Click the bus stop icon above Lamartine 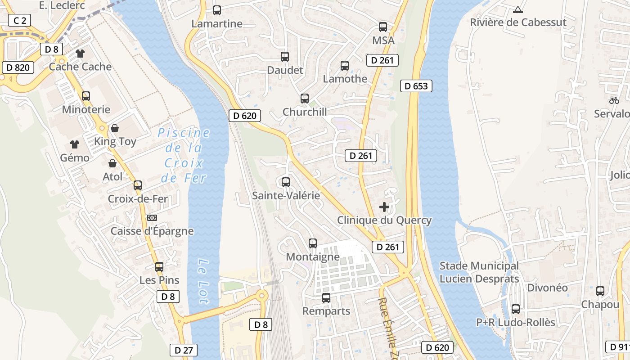tap(217, 10)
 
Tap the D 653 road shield tap(416, 86)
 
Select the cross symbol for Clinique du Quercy tap(384, 207)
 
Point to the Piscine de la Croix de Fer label tap(184, 155)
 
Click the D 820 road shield tap(18, 67)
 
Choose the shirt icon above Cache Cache tap(80, 54)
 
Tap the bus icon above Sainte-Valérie tap(285, 182)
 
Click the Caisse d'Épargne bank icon tap(152, 218)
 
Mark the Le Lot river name tap(204, 282)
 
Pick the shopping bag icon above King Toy tap(115, 129)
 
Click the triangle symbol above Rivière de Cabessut tap(518, 9)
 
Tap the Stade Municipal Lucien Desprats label tap(479, 272)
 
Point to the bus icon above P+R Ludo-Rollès tap(516, 309)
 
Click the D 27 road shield tap(184, 350)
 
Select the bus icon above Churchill tap(305, 99)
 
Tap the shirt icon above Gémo tap(75, 144)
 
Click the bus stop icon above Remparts tap(326, 298)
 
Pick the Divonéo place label tap(547, 288)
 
